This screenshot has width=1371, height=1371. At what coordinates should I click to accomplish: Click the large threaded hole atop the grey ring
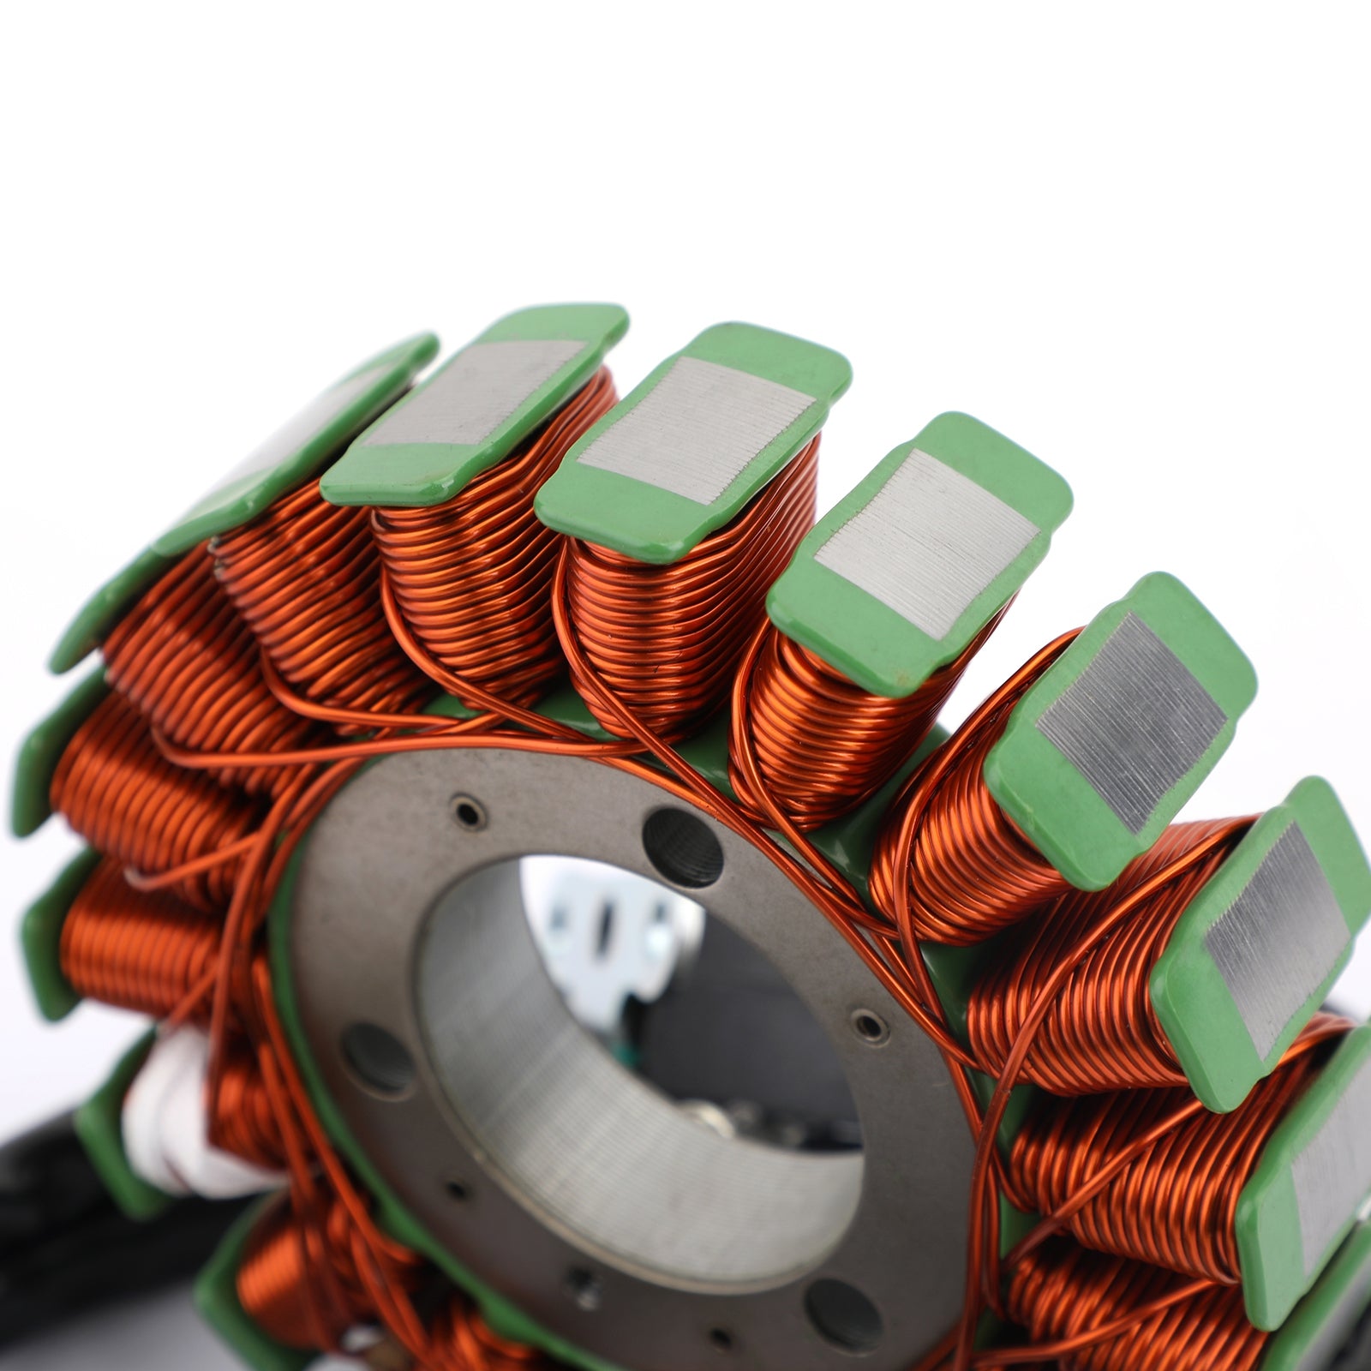coord(683,847)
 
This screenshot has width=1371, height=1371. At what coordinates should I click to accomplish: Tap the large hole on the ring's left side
coord(378,1059)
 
